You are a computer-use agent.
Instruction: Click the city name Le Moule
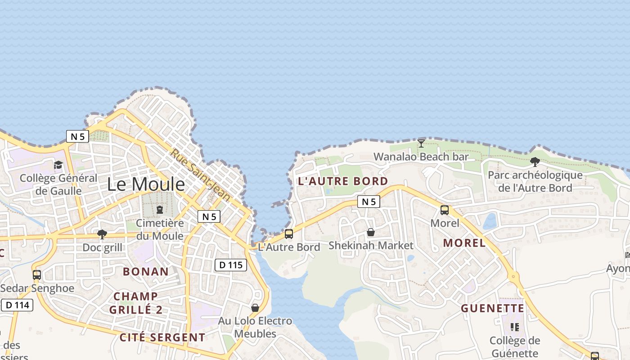point(146,184)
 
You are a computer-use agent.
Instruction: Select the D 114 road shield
point(18,305)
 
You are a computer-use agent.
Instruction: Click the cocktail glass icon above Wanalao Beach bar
point(421,144)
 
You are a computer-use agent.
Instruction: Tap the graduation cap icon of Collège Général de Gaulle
point(58,165)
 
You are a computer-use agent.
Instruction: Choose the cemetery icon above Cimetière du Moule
point(159,210)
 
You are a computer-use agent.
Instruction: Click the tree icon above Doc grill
point(102,234)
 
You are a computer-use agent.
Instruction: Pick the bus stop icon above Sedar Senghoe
point(37,274)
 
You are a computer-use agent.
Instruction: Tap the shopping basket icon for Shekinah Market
point(371,232)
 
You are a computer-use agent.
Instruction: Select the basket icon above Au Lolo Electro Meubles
point(255,308)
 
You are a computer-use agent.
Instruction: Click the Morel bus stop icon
point(445,210)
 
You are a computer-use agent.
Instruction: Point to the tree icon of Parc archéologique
point(535,162)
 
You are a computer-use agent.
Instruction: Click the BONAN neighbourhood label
point(146,271)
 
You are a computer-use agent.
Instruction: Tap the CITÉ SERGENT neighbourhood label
point(162,337)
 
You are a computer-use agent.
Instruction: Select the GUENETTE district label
point(493,308)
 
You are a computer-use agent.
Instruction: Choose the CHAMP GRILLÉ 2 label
point(136,303)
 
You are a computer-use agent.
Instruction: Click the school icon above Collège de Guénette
point(515,327)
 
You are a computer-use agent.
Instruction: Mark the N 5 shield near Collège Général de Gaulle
point(77,136)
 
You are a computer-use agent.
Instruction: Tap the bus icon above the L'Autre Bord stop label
point(289,234)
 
